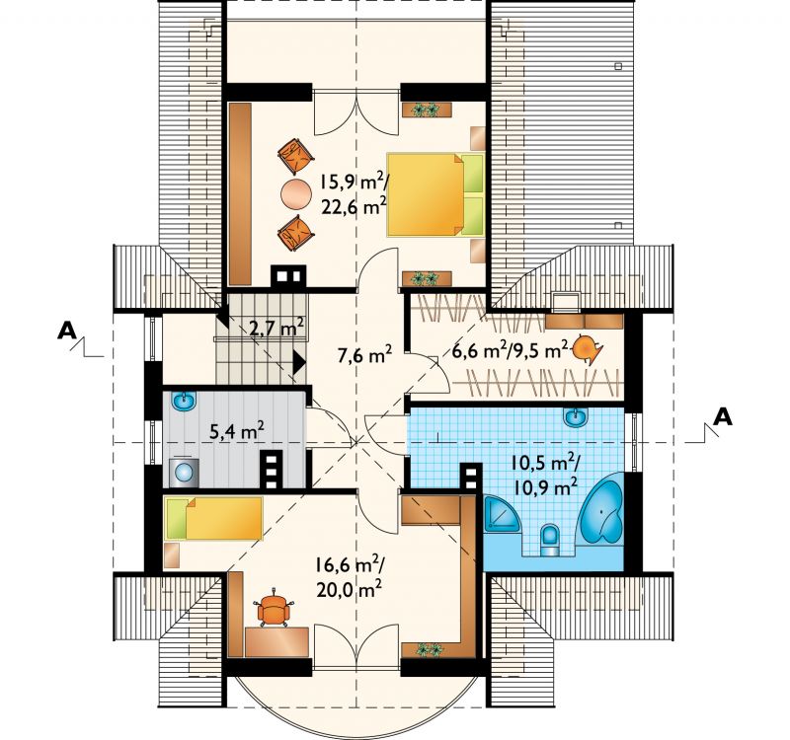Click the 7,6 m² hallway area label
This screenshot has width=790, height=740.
(x=364, y=355)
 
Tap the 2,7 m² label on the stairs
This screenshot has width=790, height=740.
(x=276, y=328)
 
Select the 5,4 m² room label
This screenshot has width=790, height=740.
(x=237, y=431)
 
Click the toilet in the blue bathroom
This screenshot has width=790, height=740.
(x=550, y=540)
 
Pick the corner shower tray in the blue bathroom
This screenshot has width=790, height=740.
(x=503, y=513)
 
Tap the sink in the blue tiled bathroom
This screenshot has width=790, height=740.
(x=576, y=417)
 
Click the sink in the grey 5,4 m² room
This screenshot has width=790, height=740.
(x=184, y=402)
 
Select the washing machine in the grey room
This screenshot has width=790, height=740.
(x=184, y=472)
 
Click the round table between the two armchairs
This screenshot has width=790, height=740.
(x=297, y=193)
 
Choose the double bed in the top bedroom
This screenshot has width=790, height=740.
(x=435, y=194)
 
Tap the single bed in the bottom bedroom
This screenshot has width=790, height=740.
(x=213, y=518)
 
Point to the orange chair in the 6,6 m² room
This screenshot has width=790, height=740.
(x=587, y=348)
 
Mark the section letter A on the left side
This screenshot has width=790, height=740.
(x=66, y=331)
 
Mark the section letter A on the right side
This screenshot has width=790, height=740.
(x=723, y=416)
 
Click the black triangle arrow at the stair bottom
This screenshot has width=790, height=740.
(x=299, y=361)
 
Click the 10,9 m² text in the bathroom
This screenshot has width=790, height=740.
(x=546, y=486)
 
